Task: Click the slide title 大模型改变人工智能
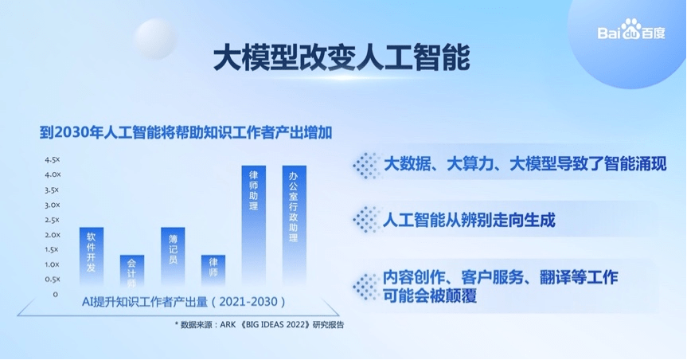point(342,57)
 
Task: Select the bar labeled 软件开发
point(92,256)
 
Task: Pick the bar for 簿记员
point(173,256)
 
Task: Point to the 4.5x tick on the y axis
point(52,159)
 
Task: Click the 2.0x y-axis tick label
point(52,235)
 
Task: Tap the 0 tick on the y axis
point(55,294)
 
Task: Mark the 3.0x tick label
point(52,205)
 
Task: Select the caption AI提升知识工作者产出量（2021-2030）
point(183,303)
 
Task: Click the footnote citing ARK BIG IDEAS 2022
point(260,325)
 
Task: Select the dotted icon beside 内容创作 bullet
point(366,284)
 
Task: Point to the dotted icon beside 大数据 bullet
point(366,164)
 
